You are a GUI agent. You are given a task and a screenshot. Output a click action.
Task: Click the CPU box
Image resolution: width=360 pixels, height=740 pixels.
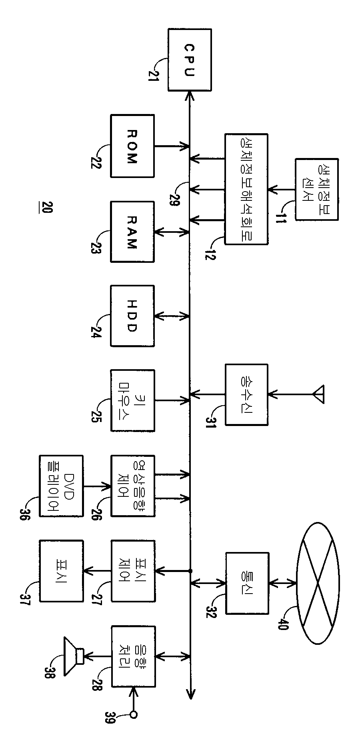tap(190, 60)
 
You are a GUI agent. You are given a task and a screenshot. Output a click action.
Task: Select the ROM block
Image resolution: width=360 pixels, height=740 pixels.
tap(132, 146)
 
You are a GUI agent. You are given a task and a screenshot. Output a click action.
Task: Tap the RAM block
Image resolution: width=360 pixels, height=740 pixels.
tap(132, 232)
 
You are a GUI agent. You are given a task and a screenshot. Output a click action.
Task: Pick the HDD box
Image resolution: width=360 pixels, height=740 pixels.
tap(132, 316)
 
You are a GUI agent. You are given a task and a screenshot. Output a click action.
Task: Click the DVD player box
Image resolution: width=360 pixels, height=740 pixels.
tap(61, 486)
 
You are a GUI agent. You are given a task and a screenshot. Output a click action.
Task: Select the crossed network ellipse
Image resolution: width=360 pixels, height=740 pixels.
tap(318, 583)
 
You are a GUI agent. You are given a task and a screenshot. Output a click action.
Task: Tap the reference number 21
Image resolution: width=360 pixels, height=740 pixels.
tap(153, 74)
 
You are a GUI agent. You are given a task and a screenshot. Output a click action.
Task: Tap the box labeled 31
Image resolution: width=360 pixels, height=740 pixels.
tap(246, 394)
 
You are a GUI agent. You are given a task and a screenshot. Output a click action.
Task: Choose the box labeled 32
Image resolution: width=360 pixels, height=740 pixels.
tap(247, 583)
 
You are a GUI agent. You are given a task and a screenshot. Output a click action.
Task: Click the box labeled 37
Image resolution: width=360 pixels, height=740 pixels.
tap(61, 570)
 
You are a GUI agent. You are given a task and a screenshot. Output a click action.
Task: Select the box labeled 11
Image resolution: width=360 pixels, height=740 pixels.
tap(316, 189)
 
